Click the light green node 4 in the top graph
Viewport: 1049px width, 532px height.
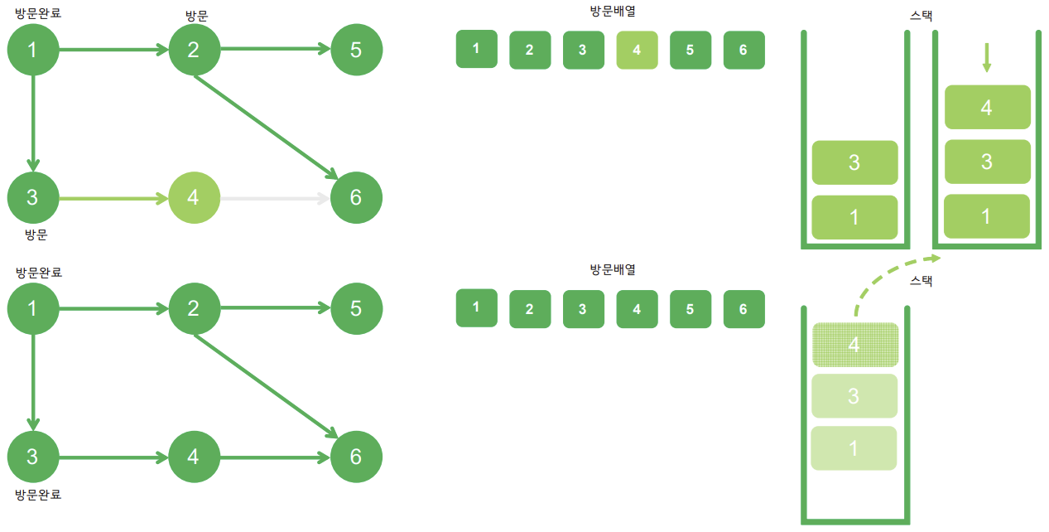click(x=194, y=198)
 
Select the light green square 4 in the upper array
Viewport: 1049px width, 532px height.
click(x=637, y=50)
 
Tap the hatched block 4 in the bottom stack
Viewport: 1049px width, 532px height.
click(x=854, y=344)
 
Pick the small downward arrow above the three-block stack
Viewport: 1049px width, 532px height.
click(x=986, y=57)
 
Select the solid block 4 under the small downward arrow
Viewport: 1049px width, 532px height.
click(x=986, y=107)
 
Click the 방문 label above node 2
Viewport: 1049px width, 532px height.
click(x=198, y=15)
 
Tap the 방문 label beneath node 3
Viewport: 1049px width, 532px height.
click(x=36, y=235)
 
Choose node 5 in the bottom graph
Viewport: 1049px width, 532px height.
click(x=356, y=309)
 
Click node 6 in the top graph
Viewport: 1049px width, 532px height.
click(x=356, y=197)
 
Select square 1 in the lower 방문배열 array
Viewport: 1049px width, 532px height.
click(x=476, y=307)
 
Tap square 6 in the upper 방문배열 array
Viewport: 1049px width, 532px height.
click(x=743, y=50)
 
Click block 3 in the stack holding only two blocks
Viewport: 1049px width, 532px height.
click(x=854, y=162)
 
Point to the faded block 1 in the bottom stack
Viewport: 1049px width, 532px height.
click(x=854, y=448)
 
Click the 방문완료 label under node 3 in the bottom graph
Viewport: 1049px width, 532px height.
click(x=38, y=495)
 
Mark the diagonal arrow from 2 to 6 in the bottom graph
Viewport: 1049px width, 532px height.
click(x=265, y=384)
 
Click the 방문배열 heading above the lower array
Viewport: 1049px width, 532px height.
click(x=613, y=270)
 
